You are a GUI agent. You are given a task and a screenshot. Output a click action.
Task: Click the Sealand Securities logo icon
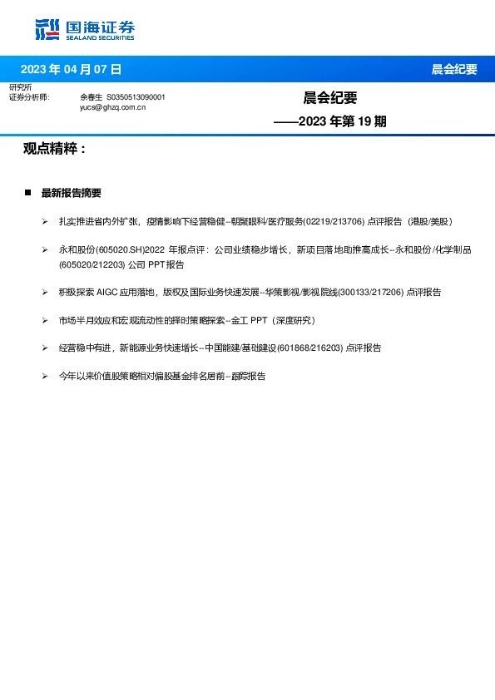coord(47,29)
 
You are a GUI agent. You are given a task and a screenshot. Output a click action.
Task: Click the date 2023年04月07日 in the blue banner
coord(71,69)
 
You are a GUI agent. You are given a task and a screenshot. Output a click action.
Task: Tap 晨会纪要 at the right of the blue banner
coord(454,69)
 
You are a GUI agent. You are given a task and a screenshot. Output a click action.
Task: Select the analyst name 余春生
coord(91,97)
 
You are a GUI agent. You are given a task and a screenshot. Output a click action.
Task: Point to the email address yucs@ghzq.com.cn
coord(112,107)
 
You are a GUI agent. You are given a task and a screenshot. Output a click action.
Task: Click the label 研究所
coord(20,87)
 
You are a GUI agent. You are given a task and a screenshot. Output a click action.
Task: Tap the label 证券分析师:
coord(29,97)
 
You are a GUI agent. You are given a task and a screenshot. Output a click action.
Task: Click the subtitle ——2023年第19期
coord(330,121)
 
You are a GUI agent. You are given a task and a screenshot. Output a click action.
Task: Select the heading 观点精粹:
coord(55,149)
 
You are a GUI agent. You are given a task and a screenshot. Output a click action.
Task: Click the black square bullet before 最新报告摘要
coord(27,193)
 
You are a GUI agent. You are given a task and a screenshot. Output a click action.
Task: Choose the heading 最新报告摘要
coord(71,193)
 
